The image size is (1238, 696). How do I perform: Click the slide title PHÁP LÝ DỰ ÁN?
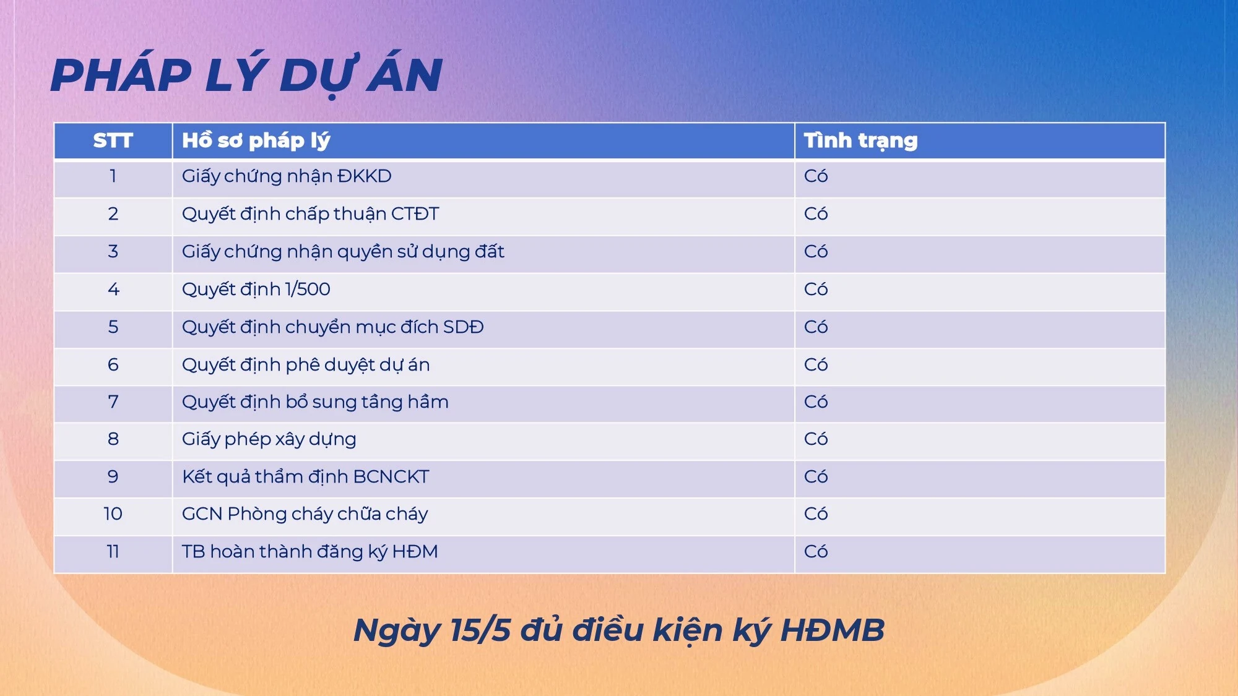pos(246,75)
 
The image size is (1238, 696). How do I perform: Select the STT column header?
pos(113,140)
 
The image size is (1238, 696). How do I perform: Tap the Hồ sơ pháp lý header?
pos(256,140)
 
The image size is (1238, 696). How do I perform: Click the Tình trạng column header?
pos(860,140)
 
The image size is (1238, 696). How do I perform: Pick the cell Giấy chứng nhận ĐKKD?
pos(287,176)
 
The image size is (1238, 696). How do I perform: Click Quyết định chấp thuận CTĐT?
pos(310,214)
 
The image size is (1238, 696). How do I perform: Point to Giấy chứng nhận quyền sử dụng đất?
pos(343,252)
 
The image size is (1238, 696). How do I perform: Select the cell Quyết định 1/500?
pos(256,289)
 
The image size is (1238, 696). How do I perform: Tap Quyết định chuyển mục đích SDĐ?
pos(332,327)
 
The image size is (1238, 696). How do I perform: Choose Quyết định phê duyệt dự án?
pos(306,364)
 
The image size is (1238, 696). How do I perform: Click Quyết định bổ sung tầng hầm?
pos(315,402)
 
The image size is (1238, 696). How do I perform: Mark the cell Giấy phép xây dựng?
pos(269,439)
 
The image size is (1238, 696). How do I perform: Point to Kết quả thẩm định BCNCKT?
pos(305,476)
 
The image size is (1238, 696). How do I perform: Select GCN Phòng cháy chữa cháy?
pos(305,514)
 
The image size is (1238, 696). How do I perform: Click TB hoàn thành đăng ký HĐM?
pos(309,551)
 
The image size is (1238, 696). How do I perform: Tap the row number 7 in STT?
pos(113,402)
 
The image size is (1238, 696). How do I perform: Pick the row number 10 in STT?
pos(113,514)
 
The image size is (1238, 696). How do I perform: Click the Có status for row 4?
pos(816,289)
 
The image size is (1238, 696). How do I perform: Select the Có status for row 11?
pos(816,551)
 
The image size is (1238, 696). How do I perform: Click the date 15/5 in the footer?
pos(480,630)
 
